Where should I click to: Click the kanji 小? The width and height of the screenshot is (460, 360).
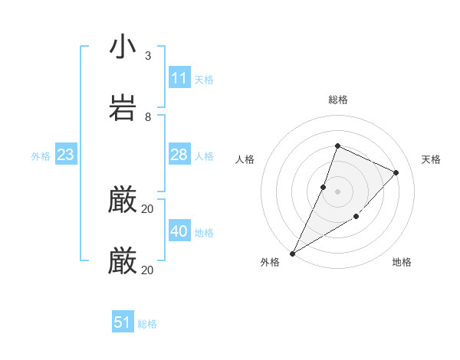[123, 47]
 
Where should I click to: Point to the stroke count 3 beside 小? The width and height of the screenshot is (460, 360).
[147, 56]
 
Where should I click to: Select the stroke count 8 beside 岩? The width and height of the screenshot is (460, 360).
[147, 117]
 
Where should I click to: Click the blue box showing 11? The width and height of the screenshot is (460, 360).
[179, 78]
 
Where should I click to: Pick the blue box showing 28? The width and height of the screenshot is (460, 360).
[179, 155]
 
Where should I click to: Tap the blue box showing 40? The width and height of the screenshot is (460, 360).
[179, 231]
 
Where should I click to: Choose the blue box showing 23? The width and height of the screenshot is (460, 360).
[66, 155]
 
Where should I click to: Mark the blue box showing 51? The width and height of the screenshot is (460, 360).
[123, 322]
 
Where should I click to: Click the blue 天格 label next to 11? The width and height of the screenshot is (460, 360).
[204, 79]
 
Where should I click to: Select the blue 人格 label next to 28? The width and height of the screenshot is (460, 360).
[204, 155]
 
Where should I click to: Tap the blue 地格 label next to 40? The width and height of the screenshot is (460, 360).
[204, 232]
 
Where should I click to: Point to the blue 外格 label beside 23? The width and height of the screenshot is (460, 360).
[41, 155]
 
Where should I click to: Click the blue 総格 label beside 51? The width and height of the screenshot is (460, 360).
[147, 323]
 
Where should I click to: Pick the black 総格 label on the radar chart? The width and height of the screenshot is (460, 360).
[337, 100]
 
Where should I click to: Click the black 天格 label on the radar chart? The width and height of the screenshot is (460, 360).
[432, 159]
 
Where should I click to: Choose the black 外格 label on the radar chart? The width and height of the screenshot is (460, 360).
[270, 262]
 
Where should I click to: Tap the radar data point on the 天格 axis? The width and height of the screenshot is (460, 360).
[396, 172]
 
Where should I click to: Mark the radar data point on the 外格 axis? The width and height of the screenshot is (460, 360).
[292, 253]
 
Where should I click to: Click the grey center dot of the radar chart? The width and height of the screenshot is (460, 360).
[337, 191]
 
